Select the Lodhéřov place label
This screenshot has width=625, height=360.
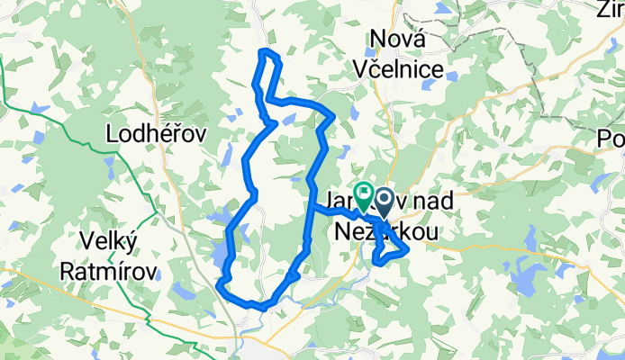tap(157, 133)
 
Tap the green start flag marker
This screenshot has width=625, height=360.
tap(364, 191)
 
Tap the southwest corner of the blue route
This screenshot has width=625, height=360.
tap(221, 287)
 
